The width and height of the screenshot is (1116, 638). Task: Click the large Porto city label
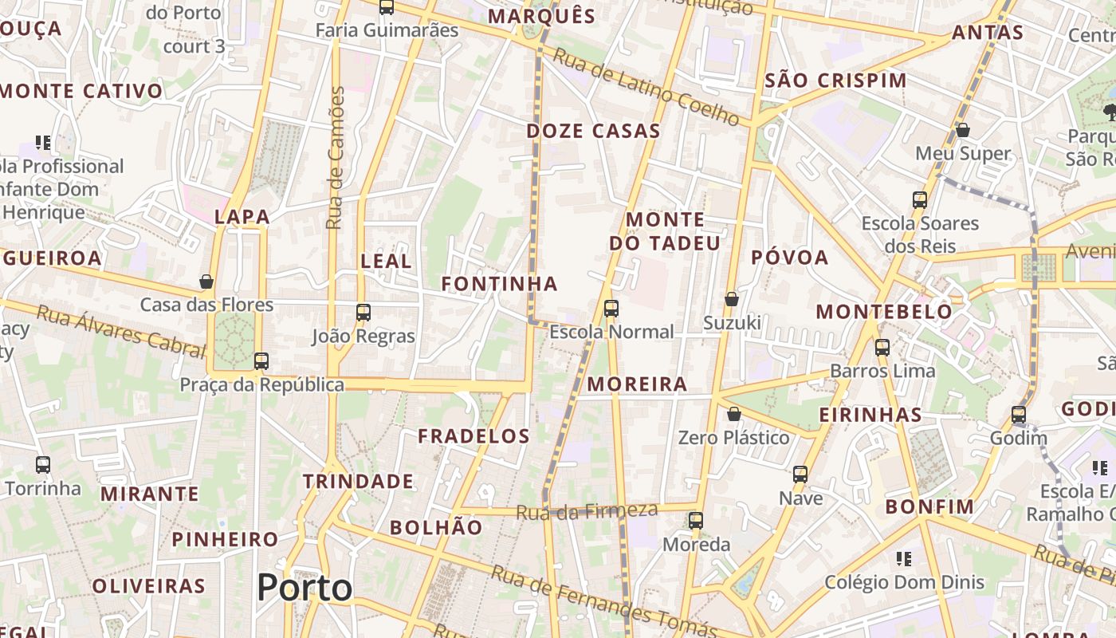[x=305, y=588]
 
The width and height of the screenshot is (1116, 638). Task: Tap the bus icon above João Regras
[x=363, y=312]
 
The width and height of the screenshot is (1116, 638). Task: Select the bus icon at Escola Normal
[x=611, y=308]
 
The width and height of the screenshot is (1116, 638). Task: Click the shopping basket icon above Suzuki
[x=731, y=299]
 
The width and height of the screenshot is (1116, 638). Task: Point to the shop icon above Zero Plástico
[x=733, y=414]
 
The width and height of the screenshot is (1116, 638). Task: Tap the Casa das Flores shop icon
[x=206, y=282]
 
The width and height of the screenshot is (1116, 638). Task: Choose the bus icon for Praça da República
[x=261, y=360]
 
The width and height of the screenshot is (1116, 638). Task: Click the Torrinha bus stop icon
[x=43, y=464]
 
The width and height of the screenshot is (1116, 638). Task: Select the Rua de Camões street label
[x=336, y=158]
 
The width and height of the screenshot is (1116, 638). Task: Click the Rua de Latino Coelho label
[x=646, y=87]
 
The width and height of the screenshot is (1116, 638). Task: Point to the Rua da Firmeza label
[x=587, y=511]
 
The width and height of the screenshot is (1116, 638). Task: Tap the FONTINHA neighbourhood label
[x=500, y=284]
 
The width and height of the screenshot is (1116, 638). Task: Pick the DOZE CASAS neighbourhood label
[x=594, y=131]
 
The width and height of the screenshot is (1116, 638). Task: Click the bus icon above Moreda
[x=696, y=521]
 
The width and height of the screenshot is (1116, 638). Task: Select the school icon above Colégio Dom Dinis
[x=903, y=558]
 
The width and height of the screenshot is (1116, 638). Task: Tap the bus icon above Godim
[x=1019, y=415]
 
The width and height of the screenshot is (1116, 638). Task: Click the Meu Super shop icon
[x=963, y=129]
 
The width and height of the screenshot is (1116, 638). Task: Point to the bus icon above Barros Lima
[x=882, y=347]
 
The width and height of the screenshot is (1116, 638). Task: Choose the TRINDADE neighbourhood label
[x=358, y=482]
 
